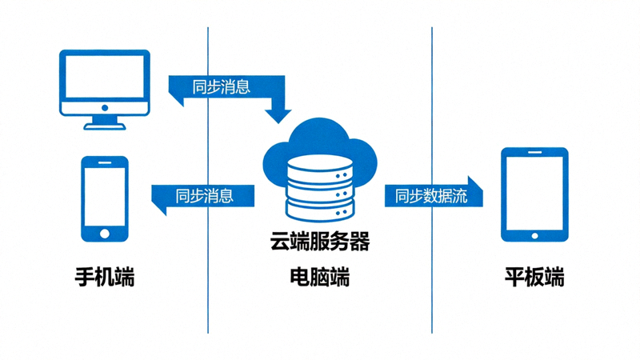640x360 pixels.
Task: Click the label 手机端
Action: [x=104, y=278]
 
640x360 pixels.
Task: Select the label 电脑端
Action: [x=319, y=278]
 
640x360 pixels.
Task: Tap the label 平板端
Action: [x=534, y=278]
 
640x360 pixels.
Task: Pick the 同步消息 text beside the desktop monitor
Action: [x=222, y=86]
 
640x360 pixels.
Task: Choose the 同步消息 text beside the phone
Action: [x=205, y=195]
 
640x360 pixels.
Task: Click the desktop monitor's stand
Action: [x=104, y=122]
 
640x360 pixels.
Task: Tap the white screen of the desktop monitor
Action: [x=104, y=78]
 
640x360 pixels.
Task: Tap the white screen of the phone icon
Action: [x=104, y=194]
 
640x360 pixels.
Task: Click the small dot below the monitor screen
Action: [x=104, y=107]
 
